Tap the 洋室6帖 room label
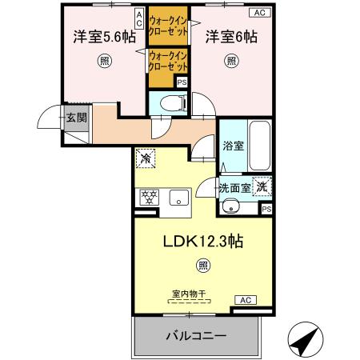click(230, 37)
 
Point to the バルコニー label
click(196, 334)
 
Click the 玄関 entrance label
click(76, 118)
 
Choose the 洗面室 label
click(234, 188)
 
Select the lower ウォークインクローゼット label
click(167, 59)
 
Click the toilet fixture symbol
click(167, 102)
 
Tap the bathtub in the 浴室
click(261, 144)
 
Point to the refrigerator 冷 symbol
click(146, 158)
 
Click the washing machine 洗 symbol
click(262, 186)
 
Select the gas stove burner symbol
click(149, 196)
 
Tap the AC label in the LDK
click(245, 300)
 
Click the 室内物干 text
click(189, 294)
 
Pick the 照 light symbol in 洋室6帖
click(230, 61)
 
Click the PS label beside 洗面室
click(266, 209)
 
